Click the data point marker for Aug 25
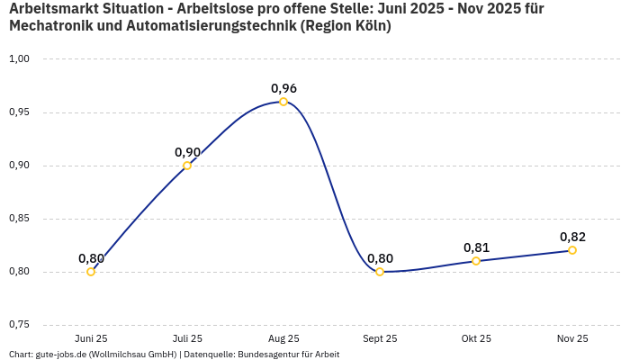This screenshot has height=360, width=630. point(283,102)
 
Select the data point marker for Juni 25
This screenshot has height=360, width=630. point(91,272)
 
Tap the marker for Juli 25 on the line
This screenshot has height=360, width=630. point(187,166)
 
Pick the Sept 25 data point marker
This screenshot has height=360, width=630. point(380,272)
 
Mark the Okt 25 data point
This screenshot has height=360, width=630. point(476,261)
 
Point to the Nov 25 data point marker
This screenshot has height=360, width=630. point(572,250)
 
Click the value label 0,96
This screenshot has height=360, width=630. point(283,88)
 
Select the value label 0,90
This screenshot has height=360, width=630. point(187,152)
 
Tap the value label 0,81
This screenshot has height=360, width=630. point(476,247)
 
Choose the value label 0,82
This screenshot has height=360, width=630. point(572,237)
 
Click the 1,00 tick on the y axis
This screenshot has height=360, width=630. point(19,59)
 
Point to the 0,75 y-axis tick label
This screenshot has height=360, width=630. point(19,325)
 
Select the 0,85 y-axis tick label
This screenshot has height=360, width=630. point(19,219)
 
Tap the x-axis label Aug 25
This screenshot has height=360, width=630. point(283,338)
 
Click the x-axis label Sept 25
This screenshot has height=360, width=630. point(380,338)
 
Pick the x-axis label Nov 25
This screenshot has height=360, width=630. point(572,338)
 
